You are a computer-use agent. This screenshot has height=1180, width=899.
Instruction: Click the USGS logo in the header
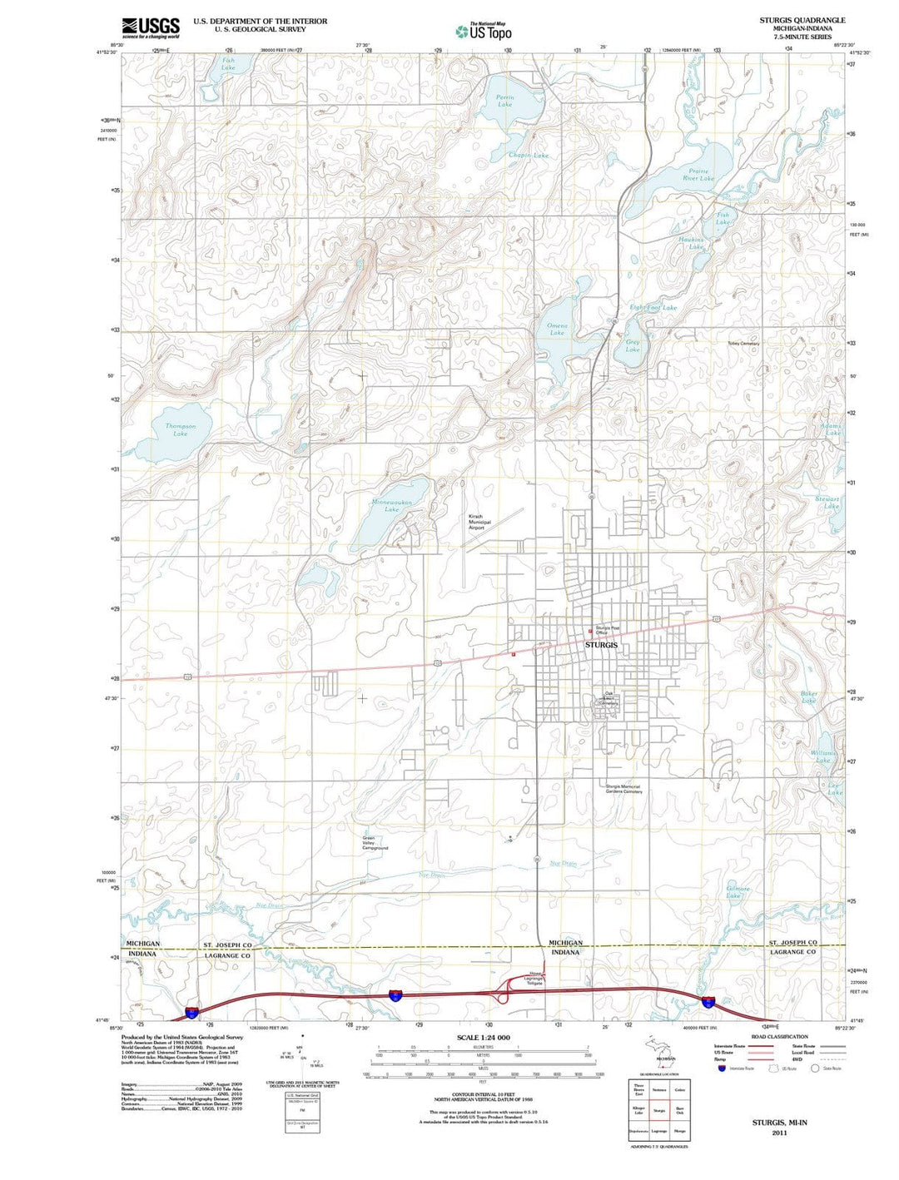click(151, 28)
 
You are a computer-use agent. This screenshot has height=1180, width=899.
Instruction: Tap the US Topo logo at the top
click(484, 32)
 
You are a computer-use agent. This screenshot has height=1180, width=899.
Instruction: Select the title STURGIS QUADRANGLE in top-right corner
click(802, 20)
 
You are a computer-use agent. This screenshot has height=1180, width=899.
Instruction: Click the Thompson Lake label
click(181, 429)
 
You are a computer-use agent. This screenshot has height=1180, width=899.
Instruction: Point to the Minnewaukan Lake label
click(391, 506)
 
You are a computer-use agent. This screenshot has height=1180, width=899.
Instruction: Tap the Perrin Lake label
click(505, 101)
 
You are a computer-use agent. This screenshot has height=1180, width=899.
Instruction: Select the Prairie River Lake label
click(698, 174)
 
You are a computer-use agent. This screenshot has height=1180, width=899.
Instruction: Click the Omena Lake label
click(557, 329)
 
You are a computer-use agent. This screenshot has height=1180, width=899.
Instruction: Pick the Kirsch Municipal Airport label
click(475, 522)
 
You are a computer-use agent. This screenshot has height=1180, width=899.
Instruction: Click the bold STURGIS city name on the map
click(601, 645)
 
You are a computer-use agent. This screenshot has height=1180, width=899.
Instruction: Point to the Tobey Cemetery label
click(743, 344)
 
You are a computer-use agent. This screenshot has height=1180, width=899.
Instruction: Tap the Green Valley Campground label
click(375, 843)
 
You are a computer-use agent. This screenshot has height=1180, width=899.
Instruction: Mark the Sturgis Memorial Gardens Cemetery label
click(624, 789)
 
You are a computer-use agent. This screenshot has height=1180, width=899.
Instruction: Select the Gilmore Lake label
click(738, 891)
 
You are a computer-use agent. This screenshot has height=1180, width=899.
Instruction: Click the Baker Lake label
click(808, 697)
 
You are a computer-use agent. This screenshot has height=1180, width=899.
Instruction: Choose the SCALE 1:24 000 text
click(483, 1038)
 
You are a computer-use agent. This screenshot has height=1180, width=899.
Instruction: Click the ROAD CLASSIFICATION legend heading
click(779, 1037)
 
